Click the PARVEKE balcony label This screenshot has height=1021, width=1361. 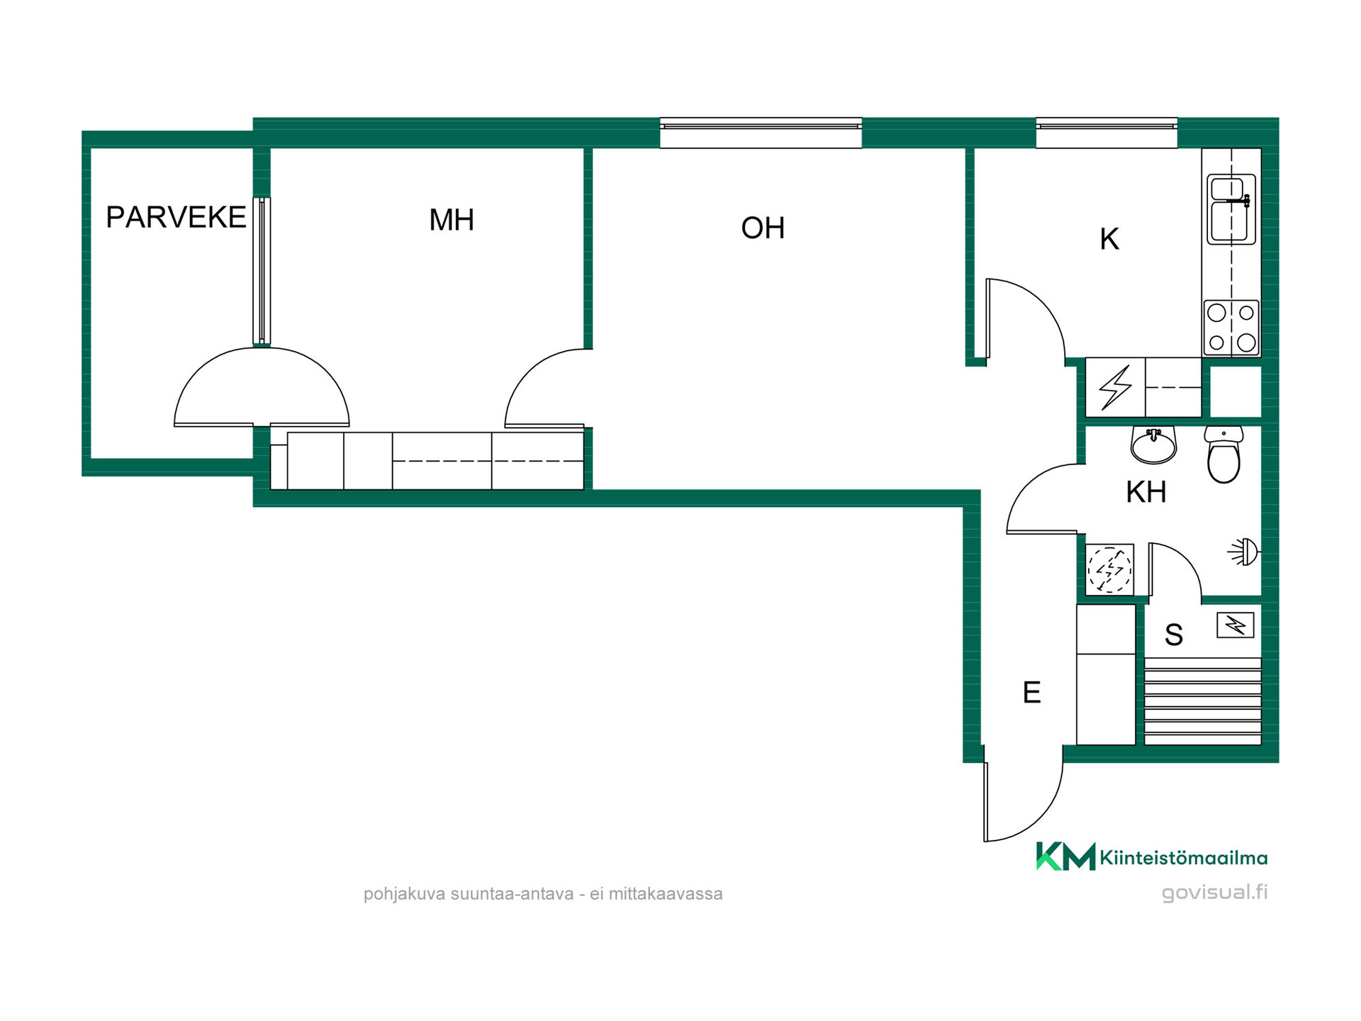(x=176, y=217)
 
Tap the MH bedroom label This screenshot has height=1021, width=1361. (x=452, y=220)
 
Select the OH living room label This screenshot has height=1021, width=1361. (x=763, y=228)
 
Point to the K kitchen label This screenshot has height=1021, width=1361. (x=1109, y=240)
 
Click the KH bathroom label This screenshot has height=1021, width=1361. (x=1146, y=492)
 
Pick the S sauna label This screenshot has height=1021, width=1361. (x=1174, y=635)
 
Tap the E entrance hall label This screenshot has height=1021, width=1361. (x=1031, y=693)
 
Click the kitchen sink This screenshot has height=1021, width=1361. (x=1231, y=209)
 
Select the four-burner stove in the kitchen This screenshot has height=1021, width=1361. (x=1231, y=328)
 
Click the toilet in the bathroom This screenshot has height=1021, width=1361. (x=1223, y=454)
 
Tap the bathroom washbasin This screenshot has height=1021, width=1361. (x=1153, y=445)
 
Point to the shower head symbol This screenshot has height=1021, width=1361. (x=1245, y=552)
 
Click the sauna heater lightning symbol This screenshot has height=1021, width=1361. (x=1236, y=625)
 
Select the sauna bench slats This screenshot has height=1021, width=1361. (x=1203, y=701)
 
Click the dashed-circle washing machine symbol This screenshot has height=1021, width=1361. (x=1110, y=569)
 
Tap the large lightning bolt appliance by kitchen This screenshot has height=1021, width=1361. (x=1116, y=388)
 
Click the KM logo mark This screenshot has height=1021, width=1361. (x=1065, y=856)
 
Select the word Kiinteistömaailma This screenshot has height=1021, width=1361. (x=1183, y=859)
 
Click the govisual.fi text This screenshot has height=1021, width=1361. (x=1214, y=893)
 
